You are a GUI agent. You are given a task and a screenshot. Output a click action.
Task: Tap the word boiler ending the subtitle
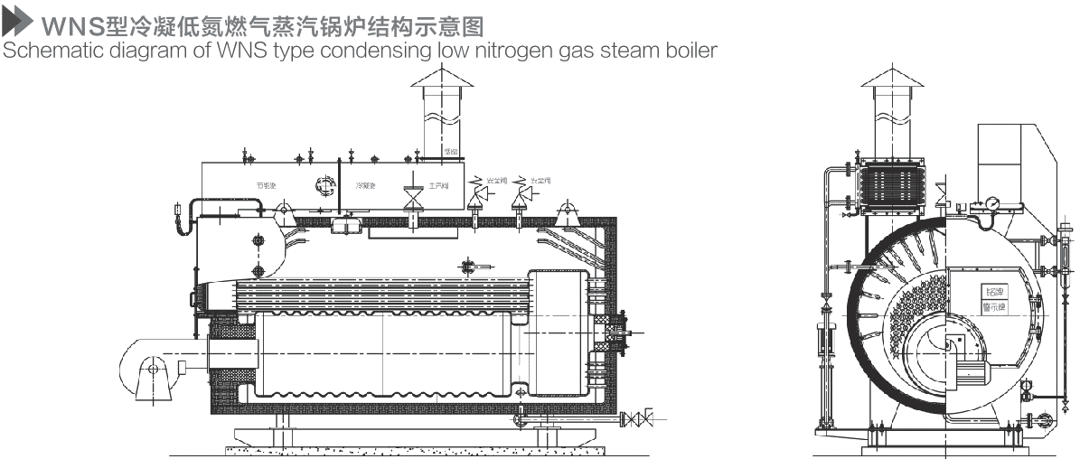[x=692, y=49]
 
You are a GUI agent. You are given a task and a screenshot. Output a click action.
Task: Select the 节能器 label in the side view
[x=266, y=185]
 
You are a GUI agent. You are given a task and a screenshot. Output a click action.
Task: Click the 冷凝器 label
[x=365, y=185]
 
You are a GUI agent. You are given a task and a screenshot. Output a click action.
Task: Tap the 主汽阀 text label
[x=438, y=185]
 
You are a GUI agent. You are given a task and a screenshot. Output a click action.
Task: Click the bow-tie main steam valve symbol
[x=414, y=193]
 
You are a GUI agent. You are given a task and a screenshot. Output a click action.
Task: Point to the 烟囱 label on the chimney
[x=451, y=152]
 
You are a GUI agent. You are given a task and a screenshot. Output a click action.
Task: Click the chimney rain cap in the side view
[x=443, y=79]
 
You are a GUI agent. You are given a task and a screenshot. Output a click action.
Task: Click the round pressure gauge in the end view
[x=992, y=203]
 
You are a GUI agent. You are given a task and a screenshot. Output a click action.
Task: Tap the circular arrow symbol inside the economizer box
[x=324, y=185]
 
